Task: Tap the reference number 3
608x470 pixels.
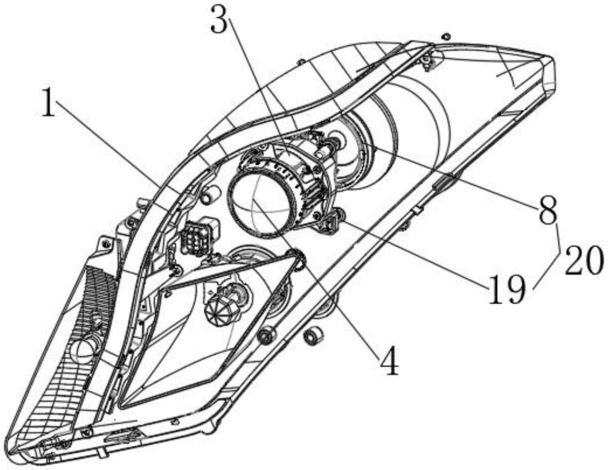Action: click(x=220, y=20)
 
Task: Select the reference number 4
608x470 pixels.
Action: click(x=389, y=361)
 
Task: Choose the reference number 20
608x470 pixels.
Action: click(x=584, y=261)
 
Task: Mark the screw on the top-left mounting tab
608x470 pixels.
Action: click(x=105, y=243)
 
